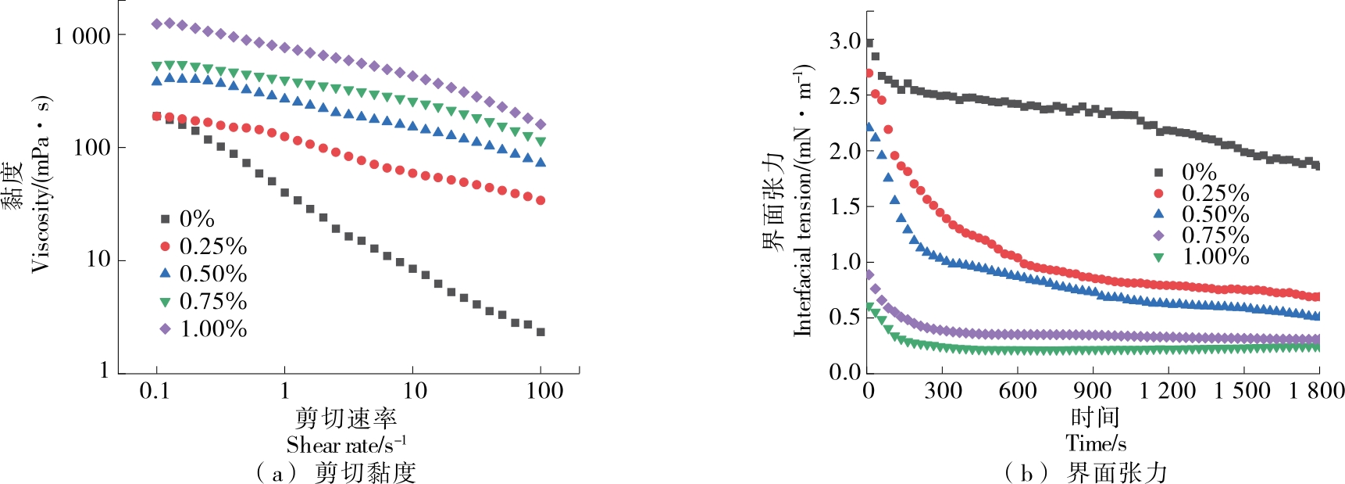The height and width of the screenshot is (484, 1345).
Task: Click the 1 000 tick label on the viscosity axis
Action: click(83, 36)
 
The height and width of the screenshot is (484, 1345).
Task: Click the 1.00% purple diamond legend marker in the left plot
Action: click(165, 329)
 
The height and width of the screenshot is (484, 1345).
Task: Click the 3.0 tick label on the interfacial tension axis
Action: click(844, 41)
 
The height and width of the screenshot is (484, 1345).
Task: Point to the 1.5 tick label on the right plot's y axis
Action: click(844, 206)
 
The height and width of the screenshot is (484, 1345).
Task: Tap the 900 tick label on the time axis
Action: click(1092, 390)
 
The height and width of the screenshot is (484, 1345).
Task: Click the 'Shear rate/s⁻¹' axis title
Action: click(346, 445)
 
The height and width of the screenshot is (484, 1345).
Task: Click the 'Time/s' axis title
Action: click(1096, 443)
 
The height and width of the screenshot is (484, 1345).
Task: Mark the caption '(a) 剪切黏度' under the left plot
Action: click(336, 472)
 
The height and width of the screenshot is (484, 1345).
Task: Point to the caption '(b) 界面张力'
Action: click(1086, 472)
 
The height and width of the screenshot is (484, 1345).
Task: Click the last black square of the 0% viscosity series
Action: click(540, 332)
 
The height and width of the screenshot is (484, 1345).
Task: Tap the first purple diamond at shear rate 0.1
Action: click(157, 24)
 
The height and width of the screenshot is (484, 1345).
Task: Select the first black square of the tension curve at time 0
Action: click(869, 44)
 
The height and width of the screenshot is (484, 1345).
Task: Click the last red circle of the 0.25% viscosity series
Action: click(540, 201)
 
